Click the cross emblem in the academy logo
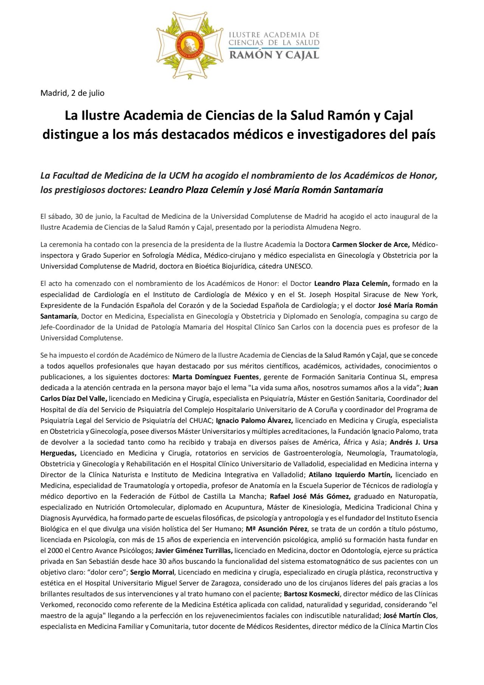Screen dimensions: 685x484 pyautogui.click(x=190, y=45)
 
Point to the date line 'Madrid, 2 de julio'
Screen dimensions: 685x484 pyautogui.click(x=72, y=93)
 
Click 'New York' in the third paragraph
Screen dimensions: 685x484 pyautogui.click(x=421, y=294)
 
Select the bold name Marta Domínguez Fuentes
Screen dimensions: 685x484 pyautogui.click(x=216, y=377)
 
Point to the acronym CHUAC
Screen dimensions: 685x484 pyautogui.click(x=203, y=420)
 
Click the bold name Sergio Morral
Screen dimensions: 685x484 pyautogui.click(x=152, y=572)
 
